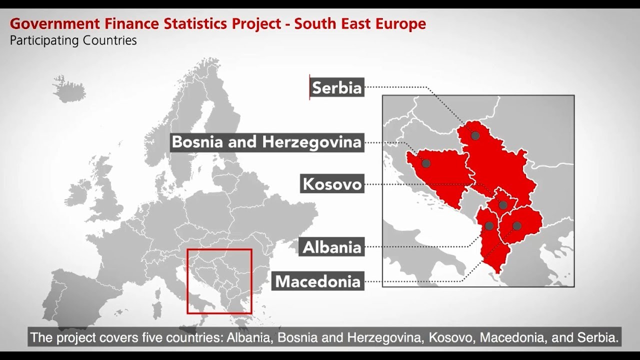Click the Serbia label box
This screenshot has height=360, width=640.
coord(336,88)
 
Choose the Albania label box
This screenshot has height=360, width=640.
coord(332,247)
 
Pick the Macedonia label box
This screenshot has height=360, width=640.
coord(318,281)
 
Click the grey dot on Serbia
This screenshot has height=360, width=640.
coord(475,135)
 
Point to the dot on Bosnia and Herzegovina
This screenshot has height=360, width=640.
coord(426,163)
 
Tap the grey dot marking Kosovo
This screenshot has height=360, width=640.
coord(503,205)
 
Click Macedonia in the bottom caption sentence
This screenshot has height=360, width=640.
coord(513,337)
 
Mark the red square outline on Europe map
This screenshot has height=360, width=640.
coord(219,249)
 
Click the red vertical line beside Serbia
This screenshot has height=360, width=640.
coord(309,87)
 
